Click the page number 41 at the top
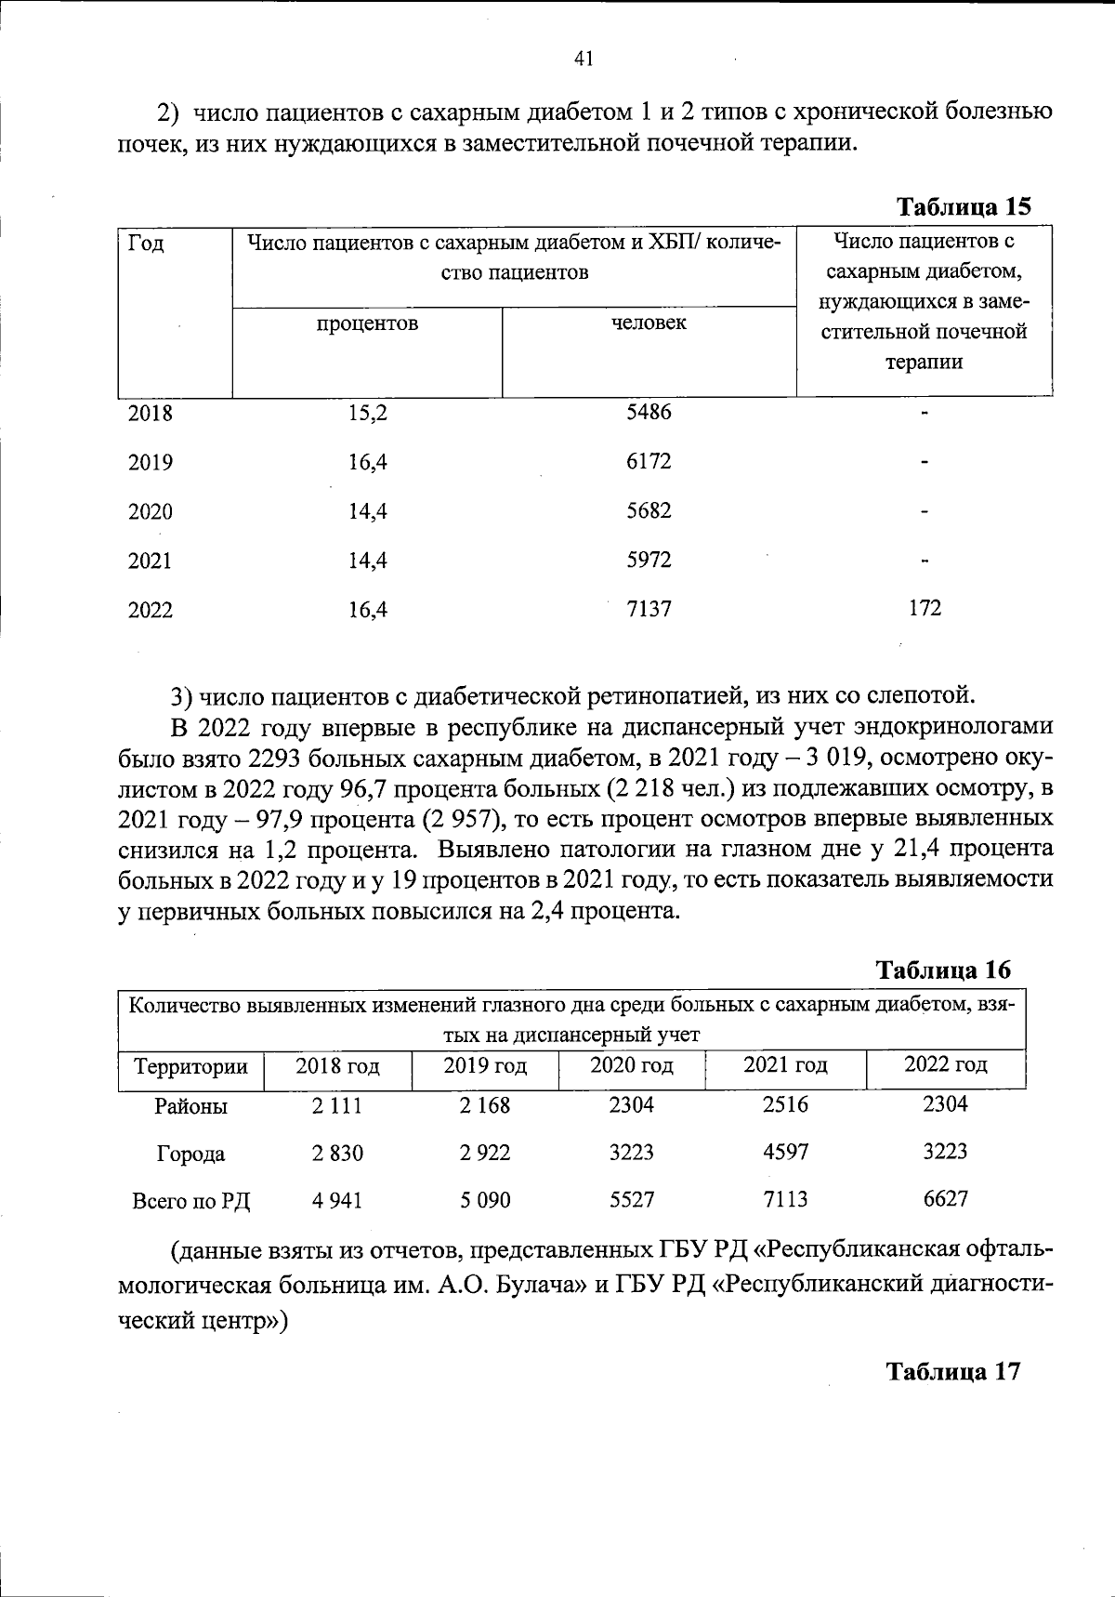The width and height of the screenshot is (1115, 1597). (x=584, y=59)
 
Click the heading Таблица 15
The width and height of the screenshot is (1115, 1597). (x=963, y=206)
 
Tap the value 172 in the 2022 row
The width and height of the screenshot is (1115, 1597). (x=925, y=608)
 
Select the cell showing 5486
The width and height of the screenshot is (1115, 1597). (x=649, y=412)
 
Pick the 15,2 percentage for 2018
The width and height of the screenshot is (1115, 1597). (x=368, y=414)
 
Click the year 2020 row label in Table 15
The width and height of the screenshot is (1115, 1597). (x=151, y=512)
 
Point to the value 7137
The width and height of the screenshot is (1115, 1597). (x=649, y=609)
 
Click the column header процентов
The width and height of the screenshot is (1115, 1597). (x=367, y=323)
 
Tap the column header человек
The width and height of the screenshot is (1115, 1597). (x=649, y=323)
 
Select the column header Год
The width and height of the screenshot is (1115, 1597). (x=147, y=244)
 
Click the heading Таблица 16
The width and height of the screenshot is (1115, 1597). (x=943, y=970)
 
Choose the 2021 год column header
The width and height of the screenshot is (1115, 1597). (x=785, y=1065)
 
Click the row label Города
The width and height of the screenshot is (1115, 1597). (x=190, y=1155)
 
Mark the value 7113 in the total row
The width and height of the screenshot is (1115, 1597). (x=785, y=1200)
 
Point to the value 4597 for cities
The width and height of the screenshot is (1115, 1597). (x=785, y=1153)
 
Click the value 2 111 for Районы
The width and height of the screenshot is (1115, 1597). (x=337, y=1106)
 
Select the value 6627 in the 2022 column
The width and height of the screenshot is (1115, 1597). (x=945, y=1199)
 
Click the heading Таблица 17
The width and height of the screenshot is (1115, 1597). (x=953, y=1372)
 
